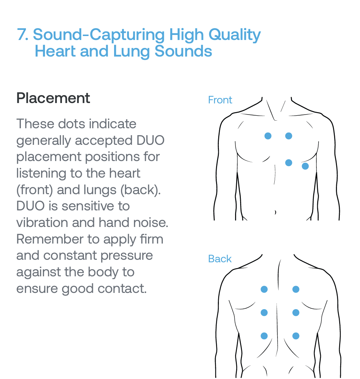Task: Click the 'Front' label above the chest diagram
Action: (x=220, y=100)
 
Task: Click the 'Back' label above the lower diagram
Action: (x=220, y=259)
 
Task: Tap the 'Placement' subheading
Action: (x=53, y=98)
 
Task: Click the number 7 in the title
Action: (x=22, y=35)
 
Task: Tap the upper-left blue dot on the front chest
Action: (x=268, y=136)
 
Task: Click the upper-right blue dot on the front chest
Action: (x=289, y=136)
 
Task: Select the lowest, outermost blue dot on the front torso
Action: (x=305, y=166)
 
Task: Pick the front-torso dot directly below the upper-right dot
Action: (x=289, y=162)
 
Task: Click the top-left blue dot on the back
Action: (x=264, y=289)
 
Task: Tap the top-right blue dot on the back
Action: (x=296, y=289)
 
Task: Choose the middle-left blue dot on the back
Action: (x=264, y=312)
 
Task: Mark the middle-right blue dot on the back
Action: (x=296, y=312)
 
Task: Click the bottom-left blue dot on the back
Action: (x=264, y=336)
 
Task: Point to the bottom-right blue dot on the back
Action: (x=296, y=336)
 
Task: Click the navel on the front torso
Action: (x=275, y=212)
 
